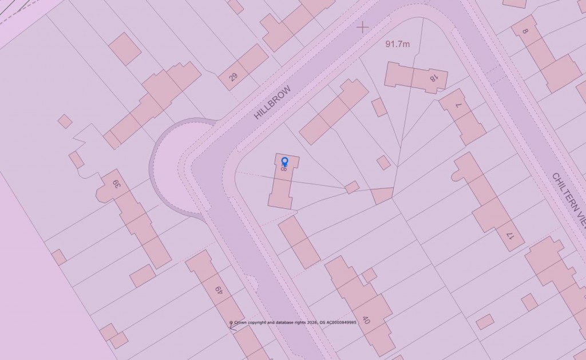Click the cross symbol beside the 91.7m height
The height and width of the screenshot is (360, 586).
(x=363, y=26)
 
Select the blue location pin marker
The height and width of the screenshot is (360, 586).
(x=284, y=163)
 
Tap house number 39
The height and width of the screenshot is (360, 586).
(x=116, y=184)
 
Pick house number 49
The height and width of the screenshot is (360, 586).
(x=218, y=291)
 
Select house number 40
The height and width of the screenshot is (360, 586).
(x=366, y=319)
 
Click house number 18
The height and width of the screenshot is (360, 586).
(x=434, y=76)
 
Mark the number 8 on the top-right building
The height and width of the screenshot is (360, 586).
(x=525, y=32)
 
